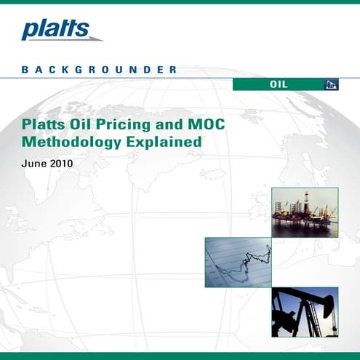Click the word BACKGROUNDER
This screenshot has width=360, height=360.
point(100,71)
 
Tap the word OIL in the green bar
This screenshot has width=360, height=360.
point(278,84)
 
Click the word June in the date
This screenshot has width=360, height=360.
point(36,164)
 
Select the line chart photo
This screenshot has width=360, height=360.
point(238,262)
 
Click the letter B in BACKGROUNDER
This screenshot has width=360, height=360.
point(25,71)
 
